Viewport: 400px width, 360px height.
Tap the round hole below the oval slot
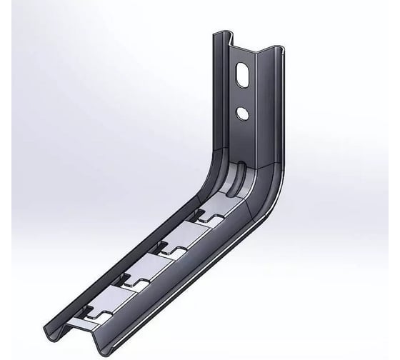click(244, 112)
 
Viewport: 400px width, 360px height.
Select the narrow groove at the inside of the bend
click(242, 174)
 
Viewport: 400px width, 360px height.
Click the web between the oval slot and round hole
click(244, 95)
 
